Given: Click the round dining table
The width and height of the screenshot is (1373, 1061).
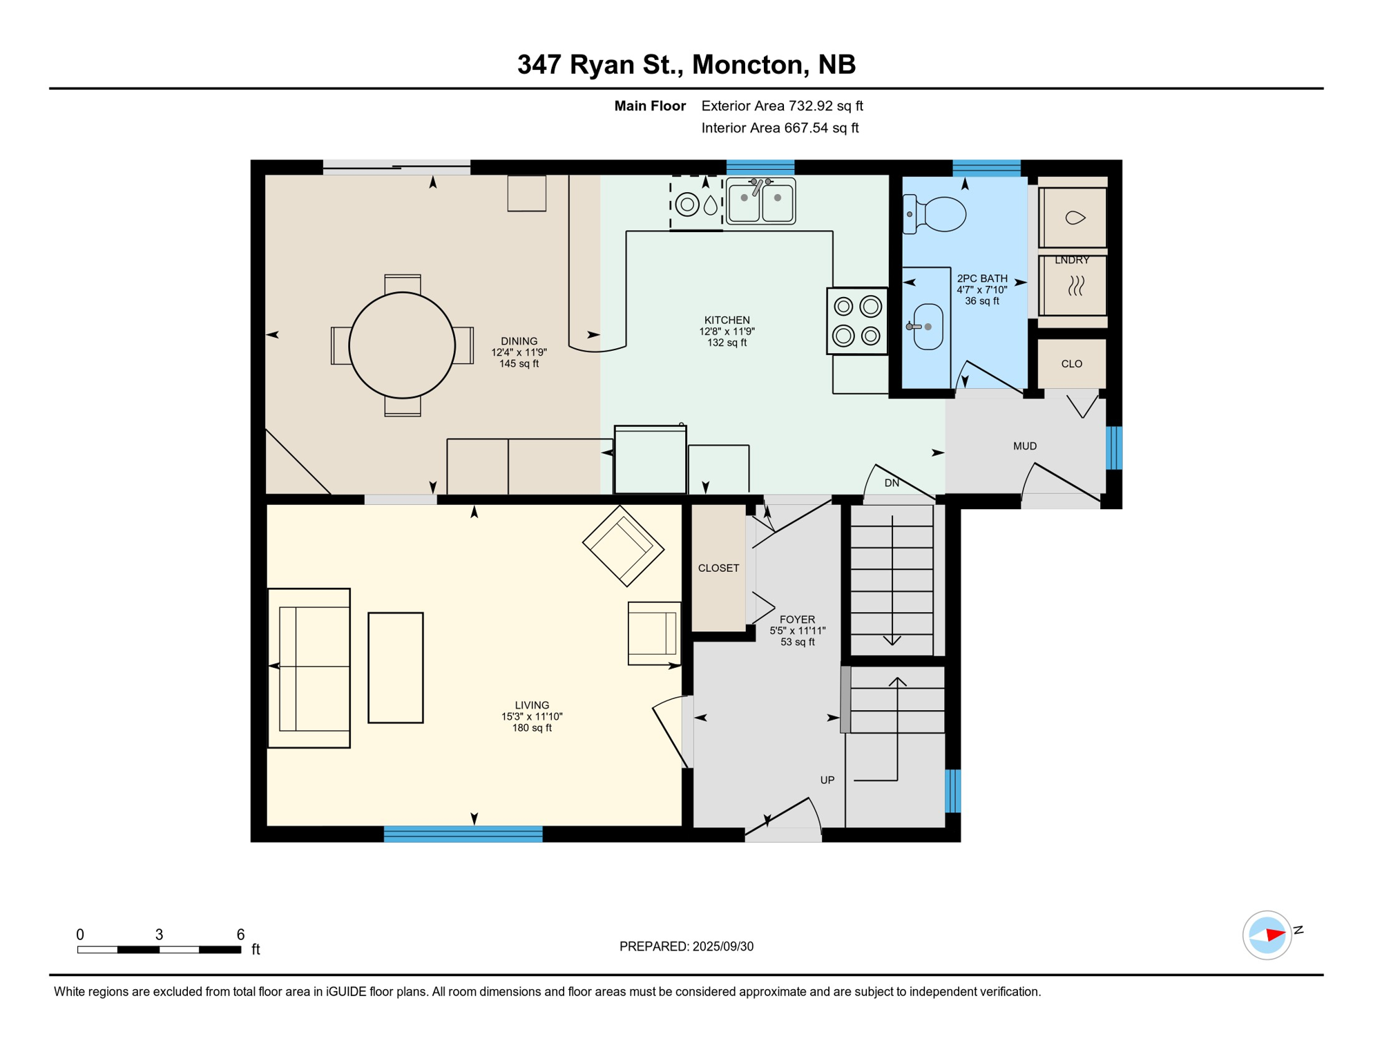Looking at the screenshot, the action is click(402, 345).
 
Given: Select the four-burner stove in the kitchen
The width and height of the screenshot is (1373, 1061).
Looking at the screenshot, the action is click(857, 321).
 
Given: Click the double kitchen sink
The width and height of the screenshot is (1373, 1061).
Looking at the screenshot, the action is click(760, 201).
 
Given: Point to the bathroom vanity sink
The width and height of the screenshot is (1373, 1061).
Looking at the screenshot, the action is click(928, 327).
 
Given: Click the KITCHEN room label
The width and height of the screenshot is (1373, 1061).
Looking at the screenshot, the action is click(727, 320).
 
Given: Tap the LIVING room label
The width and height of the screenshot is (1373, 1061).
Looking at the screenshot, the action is click(532, 705).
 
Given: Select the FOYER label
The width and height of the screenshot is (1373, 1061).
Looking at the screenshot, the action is click(797, 620).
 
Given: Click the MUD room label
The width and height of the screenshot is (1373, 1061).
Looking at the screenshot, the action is click(1025, 446).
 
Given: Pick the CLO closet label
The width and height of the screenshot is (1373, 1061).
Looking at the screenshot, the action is click(1072, 364).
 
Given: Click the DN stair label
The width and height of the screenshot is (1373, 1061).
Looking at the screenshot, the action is click(892, 483).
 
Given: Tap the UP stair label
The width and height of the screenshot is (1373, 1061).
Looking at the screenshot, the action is click(827, 780).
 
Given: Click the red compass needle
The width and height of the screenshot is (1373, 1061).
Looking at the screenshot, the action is click(1275, 935).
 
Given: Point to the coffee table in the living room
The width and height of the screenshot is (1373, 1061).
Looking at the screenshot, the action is click(396, 668).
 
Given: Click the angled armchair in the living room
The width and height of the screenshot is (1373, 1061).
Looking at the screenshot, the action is click(623, 546).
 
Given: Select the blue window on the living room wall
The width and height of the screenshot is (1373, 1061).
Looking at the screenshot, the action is click(463, 834).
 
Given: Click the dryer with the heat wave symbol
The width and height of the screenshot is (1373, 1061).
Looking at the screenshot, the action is click(1073, 286).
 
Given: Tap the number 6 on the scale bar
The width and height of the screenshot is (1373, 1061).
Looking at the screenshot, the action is click(240, 935).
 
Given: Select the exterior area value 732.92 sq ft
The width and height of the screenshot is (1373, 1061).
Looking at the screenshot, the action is click(826, 106).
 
